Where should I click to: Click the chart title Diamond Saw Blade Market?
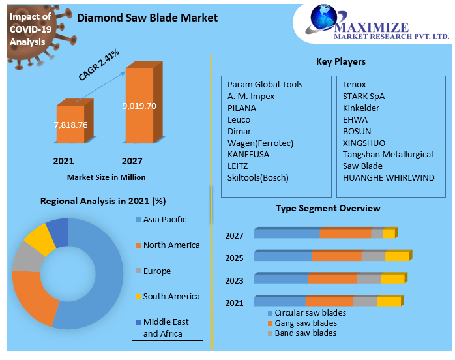click(147, 18)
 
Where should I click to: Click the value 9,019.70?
click(139, 106)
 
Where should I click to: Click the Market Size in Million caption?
click(106, 177)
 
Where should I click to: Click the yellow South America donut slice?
click(40, 238)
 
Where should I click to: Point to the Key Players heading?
click(340, 62)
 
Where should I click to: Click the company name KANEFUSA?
click(248, 155)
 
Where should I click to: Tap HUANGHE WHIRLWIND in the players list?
click(389, 178)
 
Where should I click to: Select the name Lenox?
click(355, 85)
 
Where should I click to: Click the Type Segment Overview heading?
click(328, 208)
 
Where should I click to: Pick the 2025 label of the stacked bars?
click(234, 258)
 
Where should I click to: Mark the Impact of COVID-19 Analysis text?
click(31, 29)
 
